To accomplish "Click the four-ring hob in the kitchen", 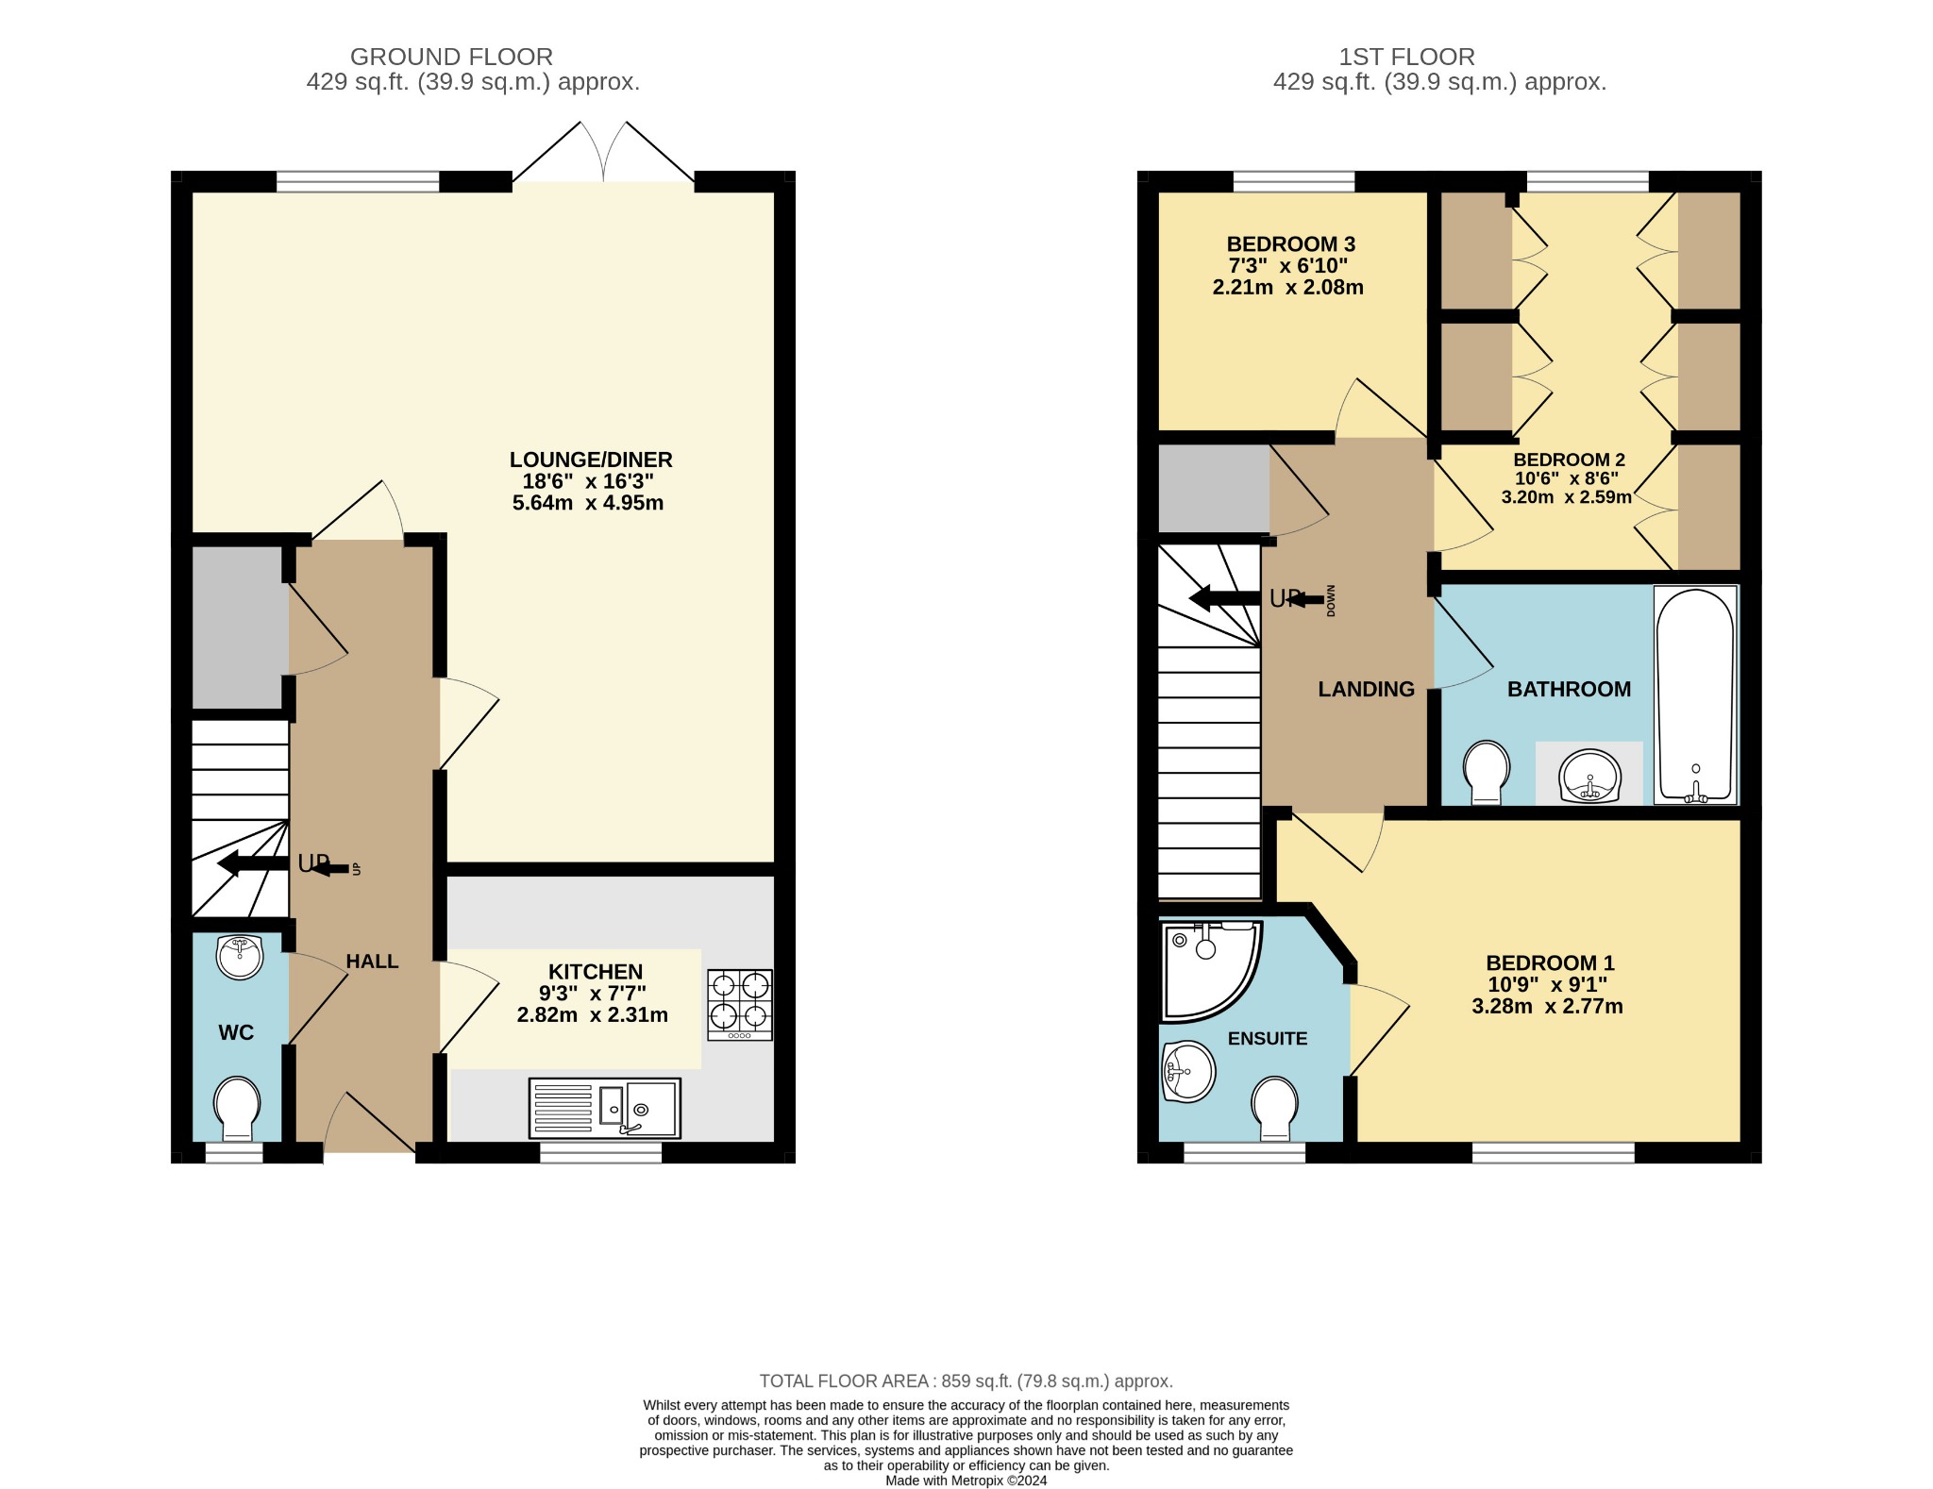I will tap(740, 1004).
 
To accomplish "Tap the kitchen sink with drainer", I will tap(604, 1108).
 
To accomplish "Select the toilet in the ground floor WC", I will tap(237, 1108).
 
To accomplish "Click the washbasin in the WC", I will tap(239, 956).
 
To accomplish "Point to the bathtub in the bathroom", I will tap(1695, 694).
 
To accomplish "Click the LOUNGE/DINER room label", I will tap(591, 460).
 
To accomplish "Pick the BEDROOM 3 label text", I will tap(1290, 244).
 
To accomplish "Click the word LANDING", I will tap(1366, 690).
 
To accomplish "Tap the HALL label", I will tap(372, 962).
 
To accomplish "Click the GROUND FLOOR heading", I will tap(451, 57).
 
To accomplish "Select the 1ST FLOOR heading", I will tap(1406, 57).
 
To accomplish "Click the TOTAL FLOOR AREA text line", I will tap(966, 1381).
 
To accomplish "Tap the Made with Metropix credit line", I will tap(966, 1481).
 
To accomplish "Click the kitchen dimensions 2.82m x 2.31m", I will tap(592, 1015).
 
